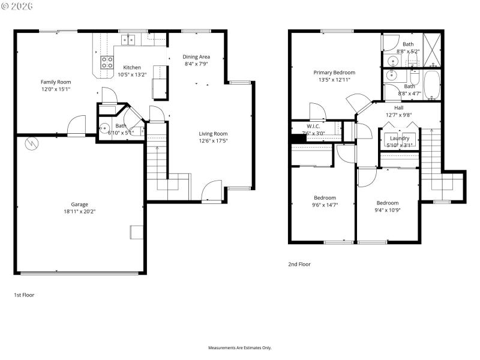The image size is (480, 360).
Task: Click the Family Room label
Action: tap(56, 82)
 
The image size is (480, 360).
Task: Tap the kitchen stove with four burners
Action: tap(107, 62)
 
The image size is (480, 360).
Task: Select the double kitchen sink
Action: tap(129, 40)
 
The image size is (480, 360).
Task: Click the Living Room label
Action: tap(213, 133)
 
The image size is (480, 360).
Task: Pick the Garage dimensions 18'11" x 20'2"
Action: tap(80, 211)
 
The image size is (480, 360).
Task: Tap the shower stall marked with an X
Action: tap(431, 47)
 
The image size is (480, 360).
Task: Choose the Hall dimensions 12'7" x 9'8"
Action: tap(398, 115)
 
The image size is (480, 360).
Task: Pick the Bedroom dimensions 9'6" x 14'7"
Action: tap(325, 205)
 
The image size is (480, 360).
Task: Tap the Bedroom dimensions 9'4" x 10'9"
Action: tap(387, 210)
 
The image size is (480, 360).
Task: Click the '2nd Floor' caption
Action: tap(299, 264)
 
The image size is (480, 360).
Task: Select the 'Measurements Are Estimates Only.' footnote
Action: tap(240, 348)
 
